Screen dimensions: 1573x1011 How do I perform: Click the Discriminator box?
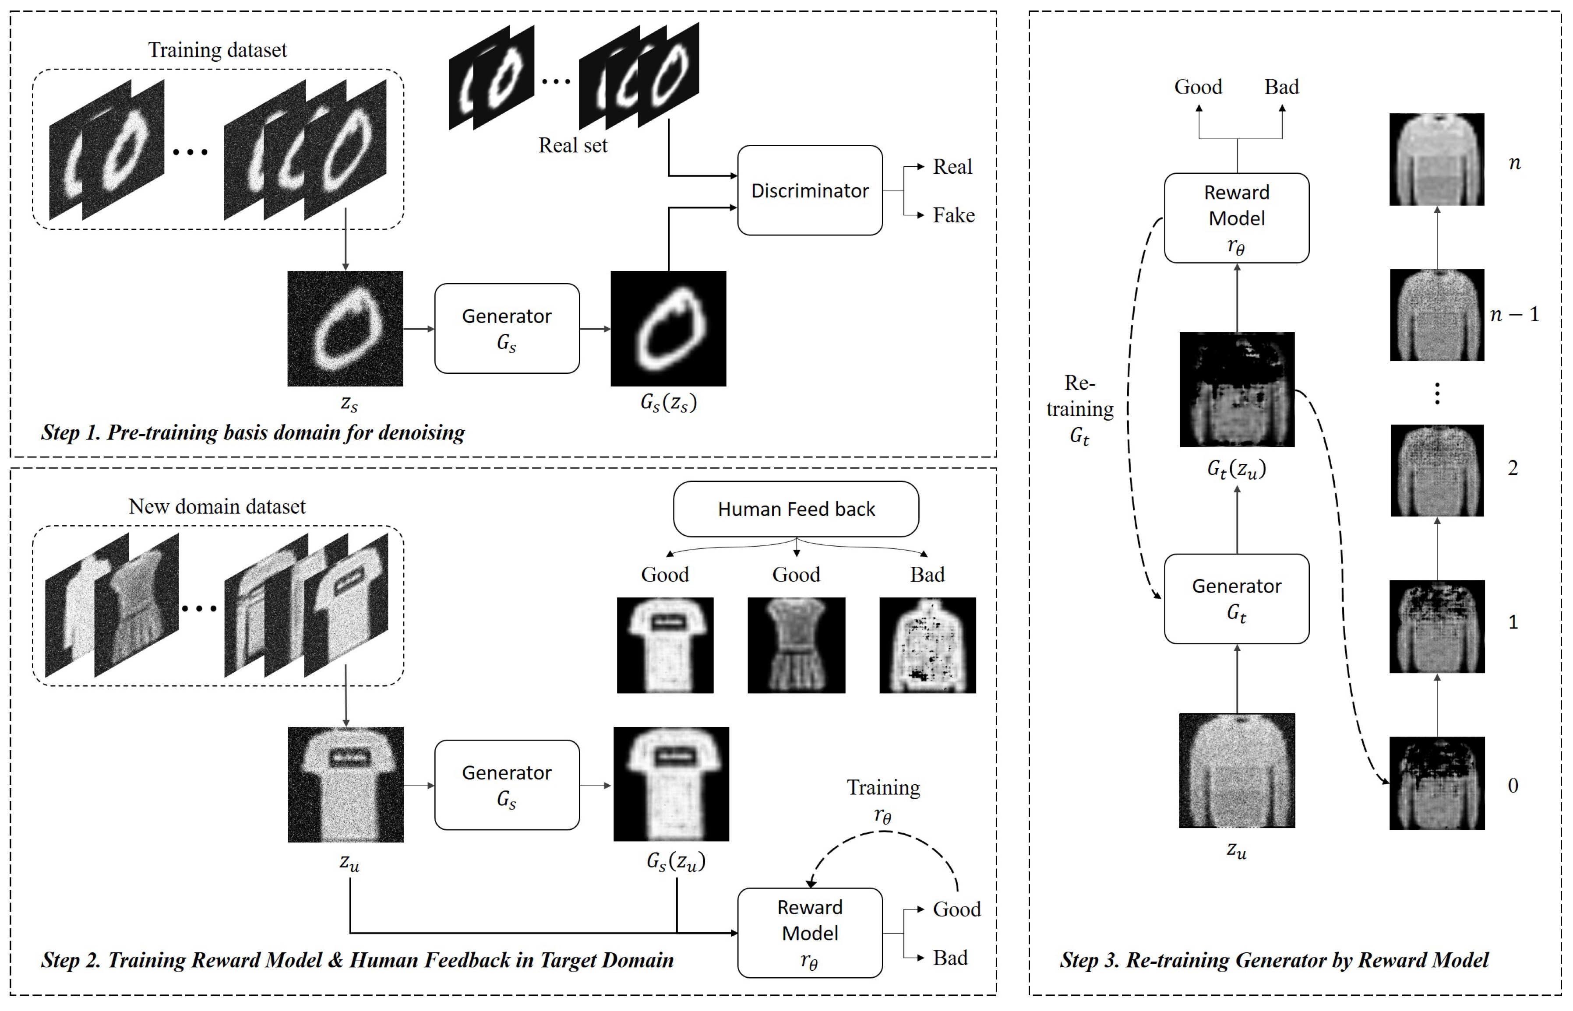coord(810,190)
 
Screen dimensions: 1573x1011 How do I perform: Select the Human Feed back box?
coord(796,509)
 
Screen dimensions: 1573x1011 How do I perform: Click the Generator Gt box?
coord(1237,599)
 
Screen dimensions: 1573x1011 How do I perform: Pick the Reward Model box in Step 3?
coord(1237,218)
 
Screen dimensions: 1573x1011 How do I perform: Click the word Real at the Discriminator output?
coord(952,167)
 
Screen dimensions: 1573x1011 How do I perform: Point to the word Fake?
coord(954,215)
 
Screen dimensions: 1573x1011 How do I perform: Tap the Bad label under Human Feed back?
coord(928,574)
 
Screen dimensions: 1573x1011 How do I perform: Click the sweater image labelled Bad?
coord(928,645)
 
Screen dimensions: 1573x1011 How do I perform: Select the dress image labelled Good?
coord(796,645)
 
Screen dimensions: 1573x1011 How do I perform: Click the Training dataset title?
coord(217,50)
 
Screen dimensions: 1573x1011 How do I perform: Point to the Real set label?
coord(573,145)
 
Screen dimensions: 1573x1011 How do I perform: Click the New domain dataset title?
coord(217,506)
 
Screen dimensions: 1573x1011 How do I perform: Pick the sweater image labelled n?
coord(1437,159)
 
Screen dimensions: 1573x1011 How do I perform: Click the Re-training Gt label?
coord(1080,409)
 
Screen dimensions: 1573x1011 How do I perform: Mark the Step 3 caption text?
coord(1274,960)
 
